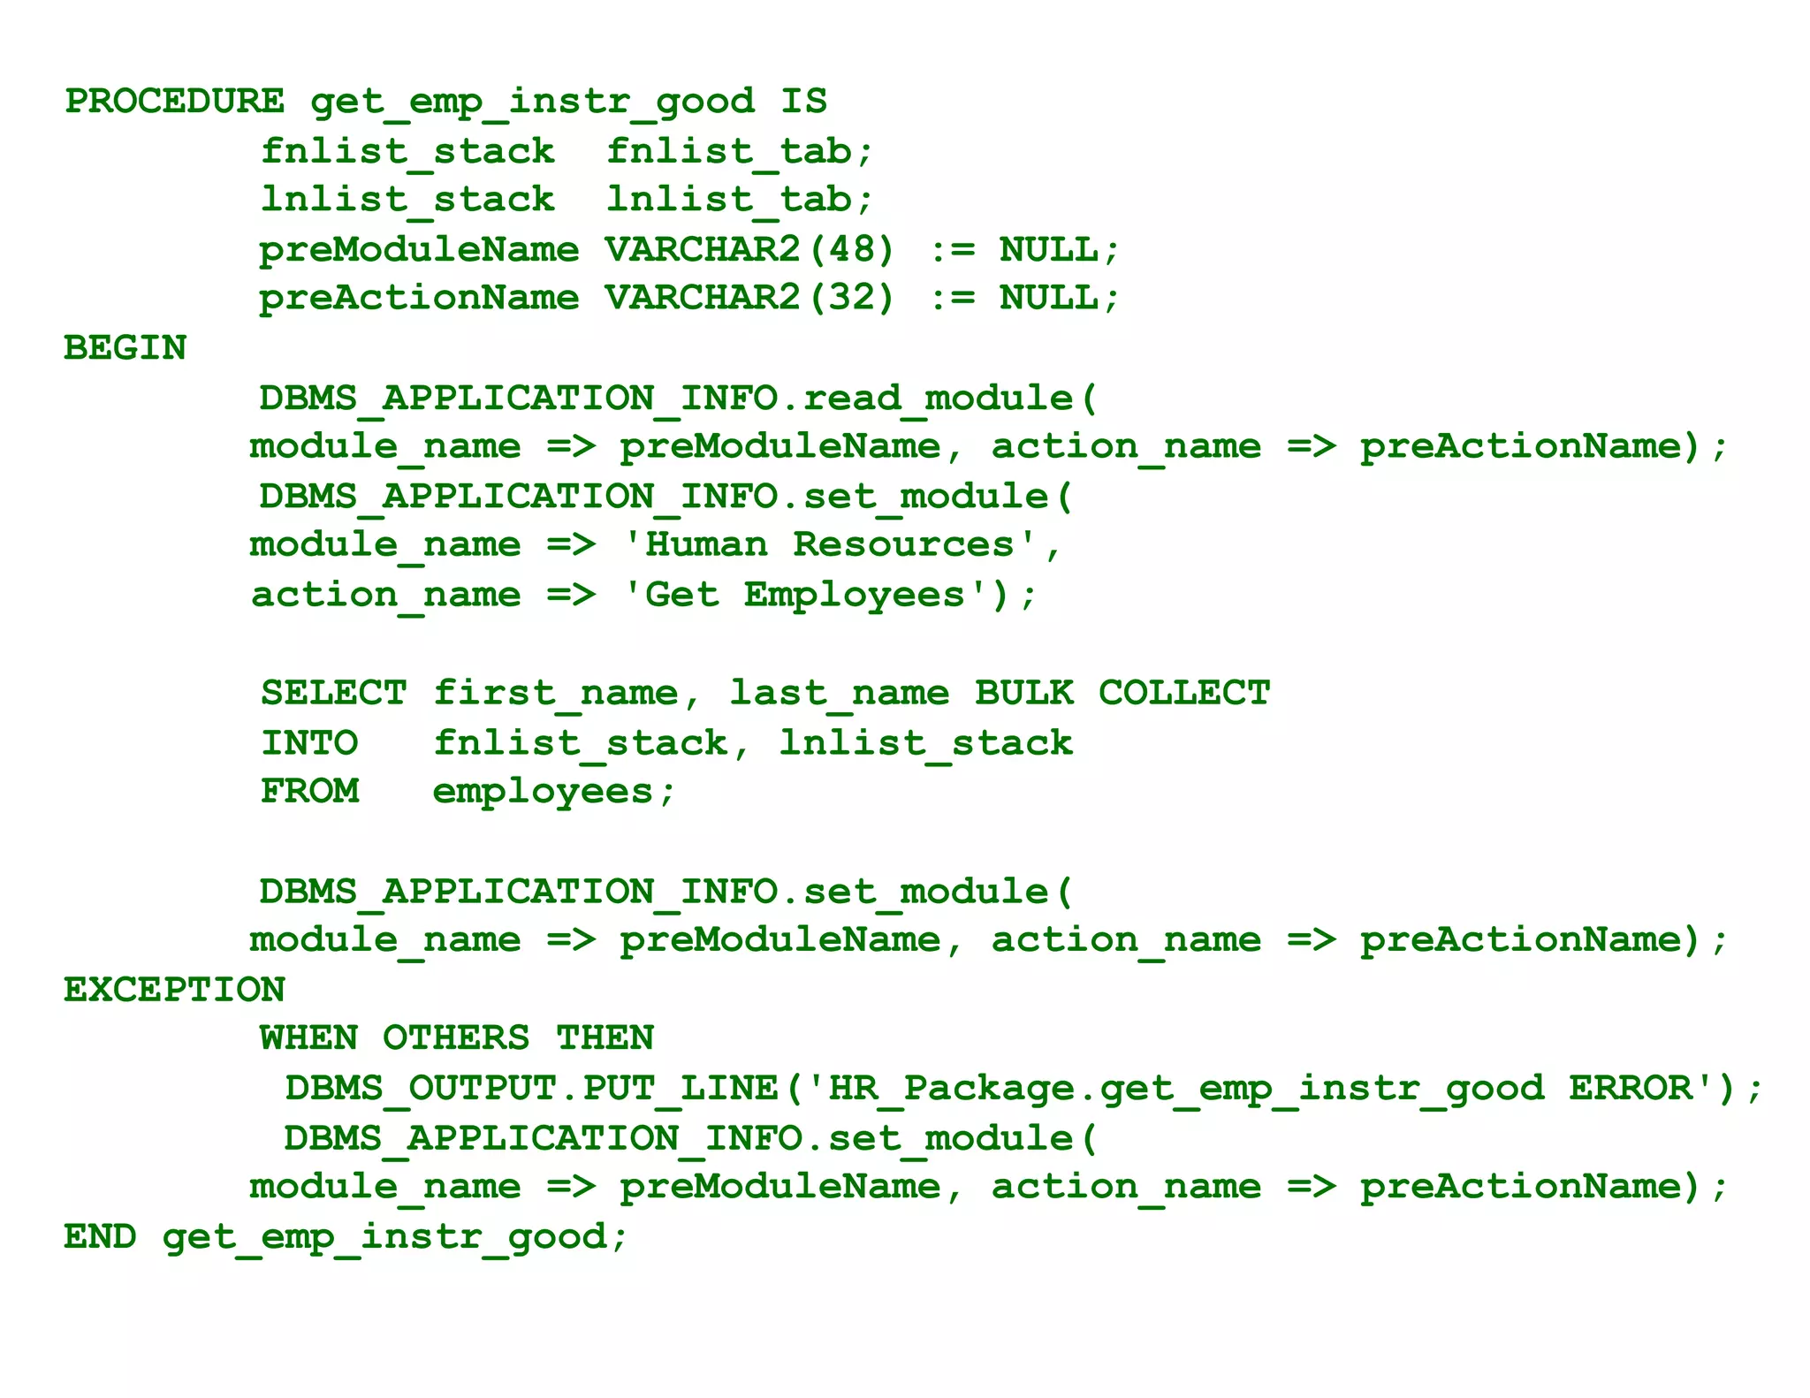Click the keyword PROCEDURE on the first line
[175, 102]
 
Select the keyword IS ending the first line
[803, 102]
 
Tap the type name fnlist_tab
[729, 152]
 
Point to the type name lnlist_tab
[729, 200]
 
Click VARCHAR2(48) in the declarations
[749, 250]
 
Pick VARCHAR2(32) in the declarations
[749, 298]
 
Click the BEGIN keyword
[125, 348]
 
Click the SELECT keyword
[334, 693]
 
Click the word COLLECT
[1184, 693]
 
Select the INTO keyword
[310, 742]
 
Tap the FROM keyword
[310, 791]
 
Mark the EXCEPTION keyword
[175, 990]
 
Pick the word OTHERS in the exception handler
[456, 1038]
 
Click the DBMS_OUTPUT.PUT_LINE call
[530, 1088]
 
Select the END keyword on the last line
[100, 1236]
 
